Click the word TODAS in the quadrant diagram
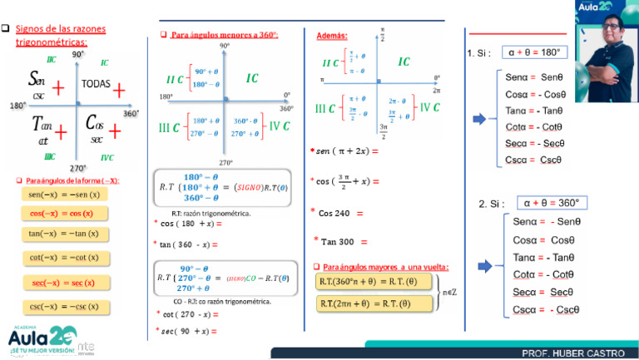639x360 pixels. tap(97, 84)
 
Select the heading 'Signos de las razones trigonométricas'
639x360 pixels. tap(62, 35)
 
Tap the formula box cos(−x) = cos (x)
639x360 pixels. tap(64, 214)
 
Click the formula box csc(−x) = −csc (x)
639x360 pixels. tap(64, 308)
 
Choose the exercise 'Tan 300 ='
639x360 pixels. tap(340, 241)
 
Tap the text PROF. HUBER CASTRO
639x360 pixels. tap(573, 353)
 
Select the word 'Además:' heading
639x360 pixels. tap(332, 36)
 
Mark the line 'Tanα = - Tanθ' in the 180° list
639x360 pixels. tap(533, 110)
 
